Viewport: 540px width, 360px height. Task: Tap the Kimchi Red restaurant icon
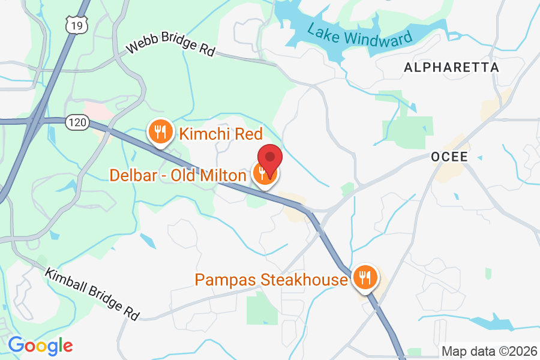pyautogui.click(x=160, y=131)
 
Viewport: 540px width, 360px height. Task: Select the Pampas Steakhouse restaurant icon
pyautogui.click(x=364, y=278)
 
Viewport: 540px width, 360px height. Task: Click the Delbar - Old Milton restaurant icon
pyautogui.click(x=263, y=174)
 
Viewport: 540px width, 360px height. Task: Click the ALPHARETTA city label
pyautogui.click(x=451, y=67)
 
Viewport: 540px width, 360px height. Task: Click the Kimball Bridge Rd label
pyautogui.click(x=92, y=293)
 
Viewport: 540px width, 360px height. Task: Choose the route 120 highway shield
pyautogui.click(x=79, y=122)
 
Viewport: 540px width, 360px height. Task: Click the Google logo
pyautogui.click(x=40, y=346)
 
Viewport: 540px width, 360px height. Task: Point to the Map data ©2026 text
pyautogui.click(x=489, y=350)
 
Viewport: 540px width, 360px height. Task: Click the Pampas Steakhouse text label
pyautogui.click(x=271, y=280)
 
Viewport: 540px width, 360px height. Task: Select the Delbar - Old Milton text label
pyautogui.click(x=178, y=175)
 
